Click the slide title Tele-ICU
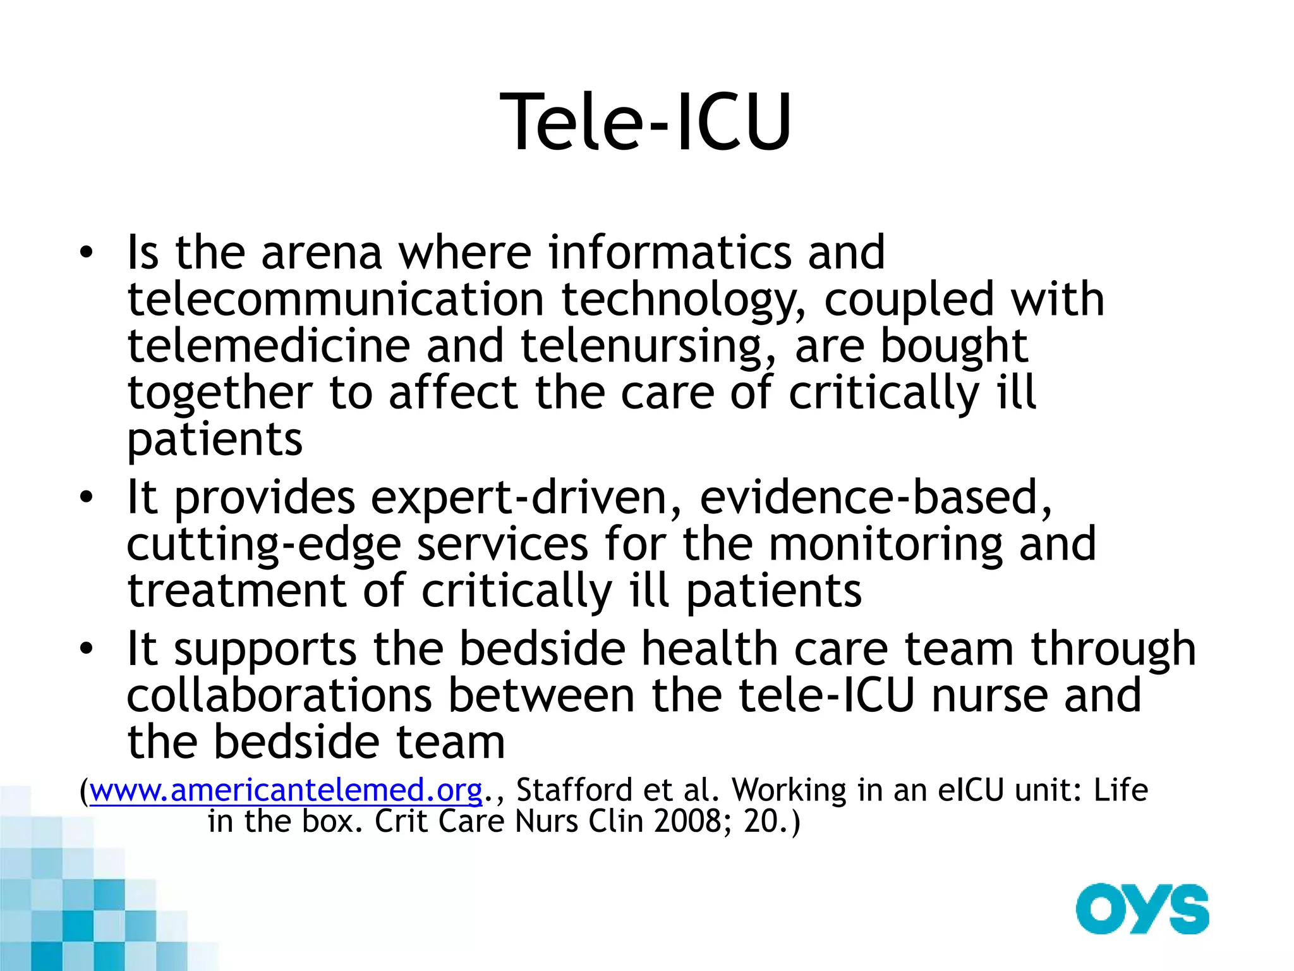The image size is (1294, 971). [645, 121]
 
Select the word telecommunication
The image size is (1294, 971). [336, 299]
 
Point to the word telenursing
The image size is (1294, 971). [641, 346]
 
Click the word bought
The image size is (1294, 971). [953, 346]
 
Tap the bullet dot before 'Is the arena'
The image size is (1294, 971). [87, 254]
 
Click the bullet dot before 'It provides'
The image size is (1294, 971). [87, 499]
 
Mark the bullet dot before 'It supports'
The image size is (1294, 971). [87, 649]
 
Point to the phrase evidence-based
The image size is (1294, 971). [875, 498]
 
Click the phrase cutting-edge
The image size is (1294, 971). [264, 545]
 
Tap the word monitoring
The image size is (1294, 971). [885, 545]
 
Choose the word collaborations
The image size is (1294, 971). [279, 695]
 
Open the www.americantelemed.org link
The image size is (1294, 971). [286, 790]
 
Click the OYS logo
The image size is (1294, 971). [1142, 909]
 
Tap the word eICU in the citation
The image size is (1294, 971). [970, 790]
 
